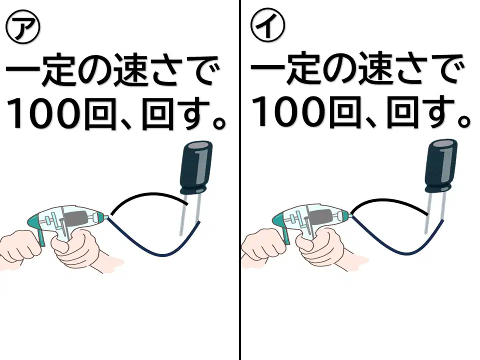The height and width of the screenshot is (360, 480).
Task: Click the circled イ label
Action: pos(267,25)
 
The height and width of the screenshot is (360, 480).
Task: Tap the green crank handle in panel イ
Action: pos(286,235)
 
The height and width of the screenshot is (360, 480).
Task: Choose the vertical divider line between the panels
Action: pos(239,180)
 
